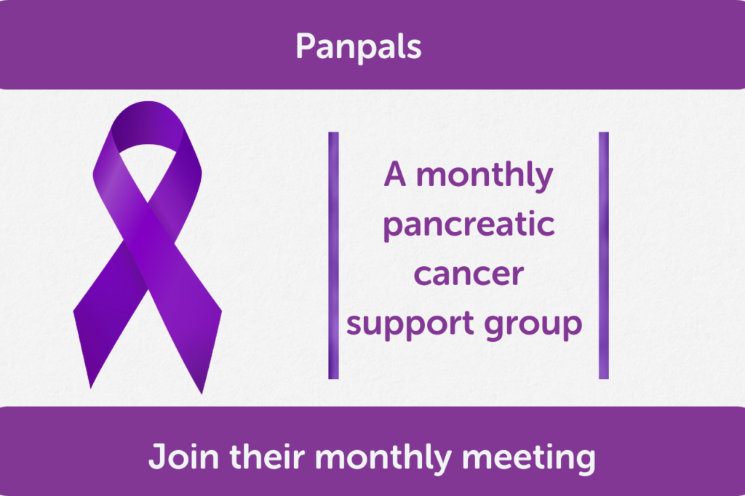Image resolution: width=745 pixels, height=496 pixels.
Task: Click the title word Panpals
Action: pos(358,47)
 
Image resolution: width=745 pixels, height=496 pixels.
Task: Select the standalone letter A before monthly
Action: pos(395,174)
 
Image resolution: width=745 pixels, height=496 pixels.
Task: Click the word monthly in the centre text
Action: pos(485,176)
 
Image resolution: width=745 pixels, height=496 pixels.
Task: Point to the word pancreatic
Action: pos(469,225)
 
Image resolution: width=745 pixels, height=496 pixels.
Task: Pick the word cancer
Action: pos(469,274)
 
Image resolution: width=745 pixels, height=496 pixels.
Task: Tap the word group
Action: pos(533,325)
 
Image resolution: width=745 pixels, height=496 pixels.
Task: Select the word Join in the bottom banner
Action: pos(184,456)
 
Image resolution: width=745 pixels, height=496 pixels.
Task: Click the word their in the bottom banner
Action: pos(267,456)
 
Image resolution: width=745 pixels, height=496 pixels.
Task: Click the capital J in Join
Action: pos(157,456)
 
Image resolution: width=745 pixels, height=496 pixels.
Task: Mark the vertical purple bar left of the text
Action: pos(333,255)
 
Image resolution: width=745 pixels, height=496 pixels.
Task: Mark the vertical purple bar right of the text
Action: pos(603,255)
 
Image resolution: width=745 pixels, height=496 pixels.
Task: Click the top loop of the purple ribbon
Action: pos(148,121)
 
